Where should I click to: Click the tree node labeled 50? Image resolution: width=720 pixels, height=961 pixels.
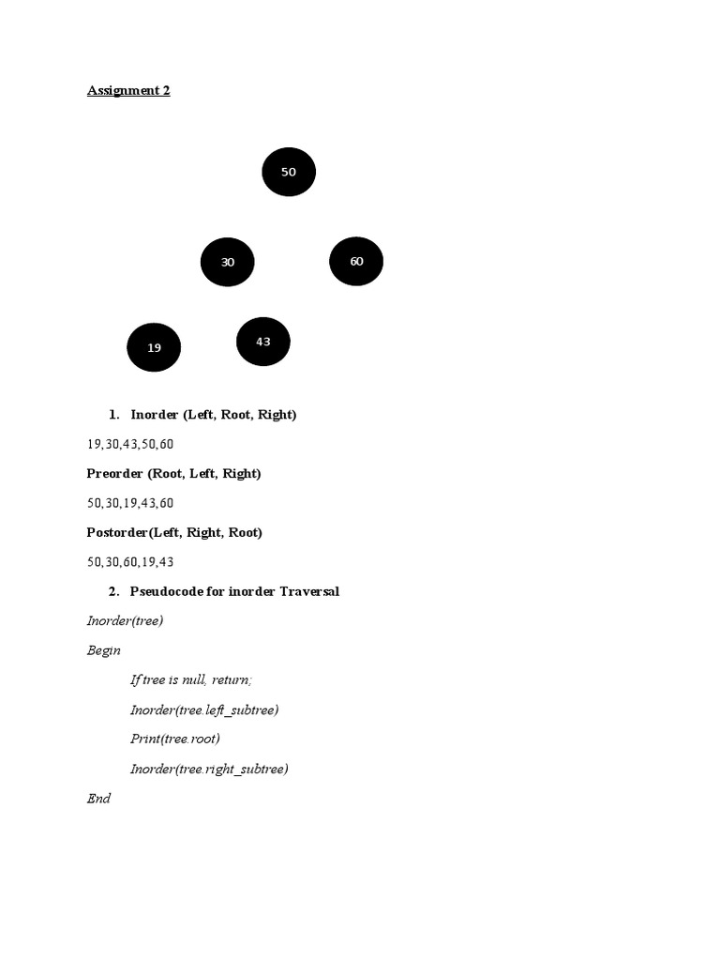click(289, 172)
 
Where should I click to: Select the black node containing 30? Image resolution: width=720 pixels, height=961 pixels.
click(227, 262)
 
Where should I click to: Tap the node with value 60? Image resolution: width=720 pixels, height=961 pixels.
click(356, 261)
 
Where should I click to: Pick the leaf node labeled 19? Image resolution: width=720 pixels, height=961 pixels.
click(154, 347)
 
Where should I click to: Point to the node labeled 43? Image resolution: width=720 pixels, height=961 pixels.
click(263, 342)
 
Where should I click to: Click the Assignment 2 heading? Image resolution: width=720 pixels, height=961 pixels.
click(128, 91)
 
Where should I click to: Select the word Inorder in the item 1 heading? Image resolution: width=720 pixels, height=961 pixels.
click(155, 414)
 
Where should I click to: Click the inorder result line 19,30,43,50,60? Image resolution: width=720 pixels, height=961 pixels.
click(130, 444)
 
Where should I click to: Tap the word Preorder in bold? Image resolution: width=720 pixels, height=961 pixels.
click(114, 473)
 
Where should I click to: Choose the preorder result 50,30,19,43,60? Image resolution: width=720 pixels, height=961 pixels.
click(130, 503)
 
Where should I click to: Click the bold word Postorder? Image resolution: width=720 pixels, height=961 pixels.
click(117, 532)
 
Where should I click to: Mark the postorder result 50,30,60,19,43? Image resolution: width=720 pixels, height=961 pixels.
click(130, 561)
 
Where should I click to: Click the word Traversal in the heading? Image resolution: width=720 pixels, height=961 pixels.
click(309, 591)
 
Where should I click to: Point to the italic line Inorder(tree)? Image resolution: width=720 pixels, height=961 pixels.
click(125, 621)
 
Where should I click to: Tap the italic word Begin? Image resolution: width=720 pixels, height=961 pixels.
click(103, 650)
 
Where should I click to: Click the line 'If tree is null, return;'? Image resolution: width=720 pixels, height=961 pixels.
click(191, 679)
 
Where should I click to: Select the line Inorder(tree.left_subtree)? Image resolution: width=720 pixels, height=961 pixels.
click(204, 709)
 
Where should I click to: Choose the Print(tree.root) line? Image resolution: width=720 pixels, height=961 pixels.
click(175, 739)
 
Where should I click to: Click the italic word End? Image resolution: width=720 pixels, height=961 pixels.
click(98, 798)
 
